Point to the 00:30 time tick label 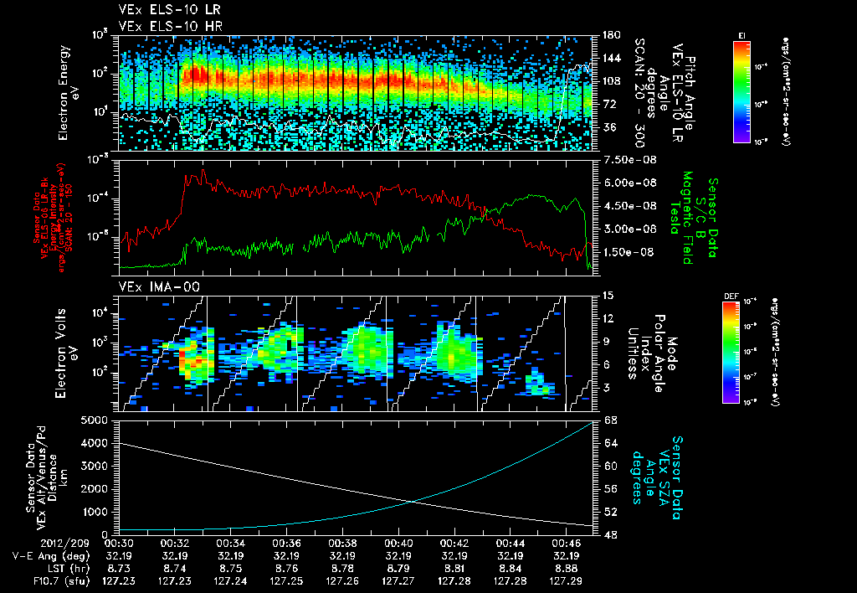118,542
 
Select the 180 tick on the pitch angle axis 611,35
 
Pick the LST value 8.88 568,567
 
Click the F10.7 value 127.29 568,579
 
